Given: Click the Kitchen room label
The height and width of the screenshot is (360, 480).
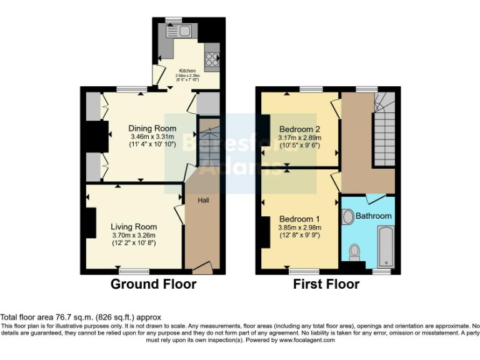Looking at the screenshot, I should coord(187,71).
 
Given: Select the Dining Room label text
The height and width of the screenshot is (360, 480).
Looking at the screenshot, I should coord(152,129).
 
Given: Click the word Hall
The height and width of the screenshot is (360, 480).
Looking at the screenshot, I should coord(204,200).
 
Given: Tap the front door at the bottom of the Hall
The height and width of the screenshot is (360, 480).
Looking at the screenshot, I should coord(201,269).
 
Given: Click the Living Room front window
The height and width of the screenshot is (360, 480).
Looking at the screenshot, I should coord(134,271).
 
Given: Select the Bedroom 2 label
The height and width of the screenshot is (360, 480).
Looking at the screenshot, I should coord(299,121).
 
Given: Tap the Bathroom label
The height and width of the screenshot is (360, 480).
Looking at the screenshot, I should coord(374,216).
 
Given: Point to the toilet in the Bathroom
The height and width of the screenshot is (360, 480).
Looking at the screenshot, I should coord(355,251).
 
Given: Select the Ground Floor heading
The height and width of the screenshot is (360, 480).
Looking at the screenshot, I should coord(153,284).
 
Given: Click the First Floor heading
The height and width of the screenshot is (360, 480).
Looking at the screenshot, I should coord(326,284).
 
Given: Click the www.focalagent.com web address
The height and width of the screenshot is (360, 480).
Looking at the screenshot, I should coord(307,340).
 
